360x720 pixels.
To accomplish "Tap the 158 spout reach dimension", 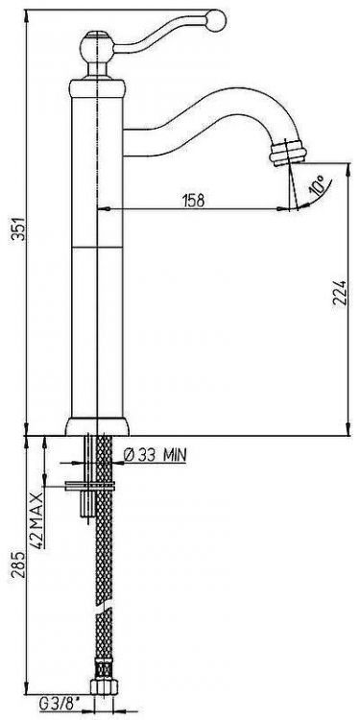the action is (193, 201).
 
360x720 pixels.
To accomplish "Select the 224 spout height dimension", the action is (339, 293).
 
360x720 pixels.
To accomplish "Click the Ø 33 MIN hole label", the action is (156, 455).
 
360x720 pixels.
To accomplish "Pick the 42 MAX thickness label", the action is (37, 519).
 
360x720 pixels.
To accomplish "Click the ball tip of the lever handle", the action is (216, 20).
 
